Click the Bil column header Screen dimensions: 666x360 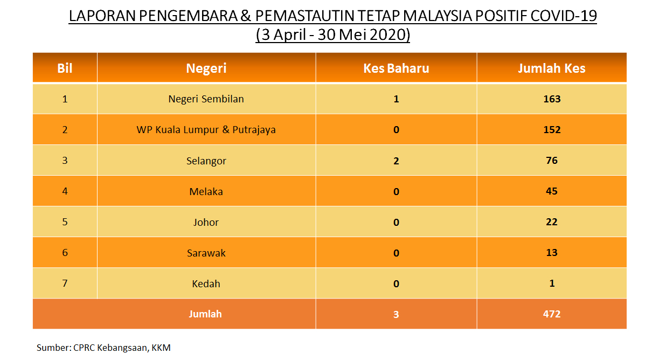point(65,68)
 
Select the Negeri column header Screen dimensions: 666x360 point(206,68)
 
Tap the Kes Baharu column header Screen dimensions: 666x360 point(396,68)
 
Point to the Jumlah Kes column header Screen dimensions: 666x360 point(552,68)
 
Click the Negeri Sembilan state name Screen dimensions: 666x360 point(206,99)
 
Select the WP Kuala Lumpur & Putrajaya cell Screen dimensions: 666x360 point(206,130)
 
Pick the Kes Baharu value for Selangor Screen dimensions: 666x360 point(396,161)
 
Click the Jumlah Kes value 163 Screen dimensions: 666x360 point(552,99)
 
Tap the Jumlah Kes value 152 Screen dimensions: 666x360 point(552,130)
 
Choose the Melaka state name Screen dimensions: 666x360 point(206,191)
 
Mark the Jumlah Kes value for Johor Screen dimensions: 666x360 point(552,222)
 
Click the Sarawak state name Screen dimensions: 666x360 point(206,253)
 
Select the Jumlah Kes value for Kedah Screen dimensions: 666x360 point(552,283)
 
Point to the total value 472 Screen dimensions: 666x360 point(552,314)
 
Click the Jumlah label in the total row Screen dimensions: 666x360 point(205,314)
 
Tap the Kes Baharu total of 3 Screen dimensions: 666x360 point(396,314)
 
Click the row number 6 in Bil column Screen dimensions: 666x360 point(65,252)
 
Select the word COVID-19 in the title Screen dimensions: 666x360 point(563,16)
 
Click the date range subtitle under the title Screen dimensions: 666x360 point(332,34)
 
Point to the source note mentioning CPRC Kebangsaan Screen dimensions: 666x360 point(103,348)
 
